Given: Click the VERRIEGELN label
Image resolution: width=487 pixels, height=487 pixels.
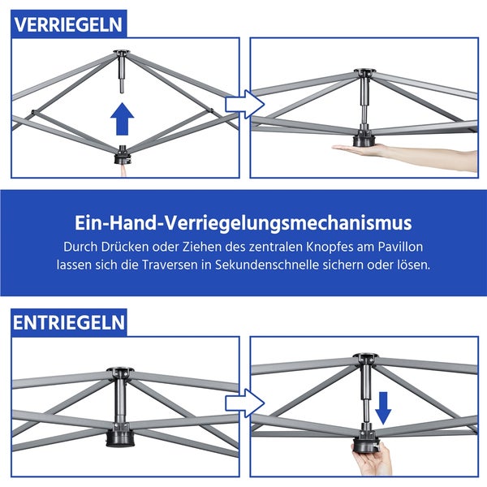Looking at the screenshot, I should tap(68, 24).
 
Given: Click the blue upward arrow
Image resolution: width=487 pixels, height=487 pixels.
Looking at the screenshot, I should tap(122, 119).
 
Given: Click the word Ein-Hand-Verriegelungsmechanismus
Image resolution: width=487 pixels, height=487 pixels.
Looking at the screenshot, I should tap(243, 222).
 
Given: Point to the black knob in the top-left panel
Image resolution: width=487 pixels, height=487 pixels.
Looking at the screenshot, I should tap(122, 152).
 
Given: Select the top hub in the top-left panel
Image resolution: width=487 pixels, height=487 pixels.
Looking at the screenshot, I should tap(122, 55).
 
